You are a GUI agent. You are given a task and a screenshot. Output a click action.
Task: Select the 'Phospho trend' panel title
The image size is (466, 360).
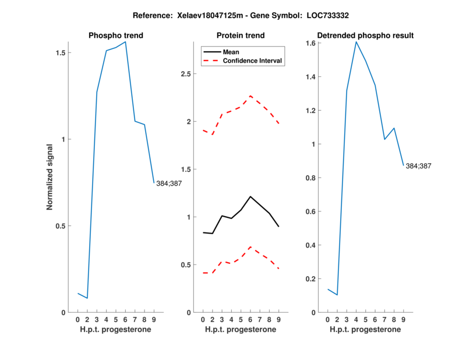point(115,36)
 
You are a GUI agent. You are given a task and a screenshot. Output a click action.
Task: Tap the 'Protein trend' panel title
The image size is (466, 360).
point(241,36)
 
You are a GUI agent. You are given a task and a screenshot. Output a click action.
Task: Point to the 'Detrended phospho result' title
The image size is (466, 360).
point(365,36)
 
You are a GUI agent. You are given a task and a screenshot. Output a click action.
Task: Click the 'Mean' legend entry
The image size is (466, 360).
point(231,52)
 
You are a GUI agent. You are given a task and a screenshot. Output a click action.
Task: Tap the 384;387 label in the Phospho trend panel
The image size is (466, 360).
point(169,183)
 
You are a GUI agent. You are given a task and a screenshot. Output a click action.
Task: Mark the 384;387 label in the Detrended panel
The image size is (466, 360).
point(418,167)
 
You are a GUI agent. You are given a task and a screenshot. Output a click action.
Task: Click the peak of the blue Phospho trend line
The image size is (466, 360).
point(125,42)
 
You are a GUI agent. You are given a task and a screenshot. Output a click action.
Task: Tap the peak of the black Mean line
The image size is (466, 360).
point(250,196)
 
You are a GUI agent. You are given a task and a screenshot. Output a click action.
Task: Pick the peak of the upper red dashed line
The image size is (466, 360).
point(250,96)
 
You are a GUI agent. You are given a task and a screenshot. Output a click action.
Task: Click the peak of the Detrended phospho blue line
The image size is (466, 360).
point(356,42)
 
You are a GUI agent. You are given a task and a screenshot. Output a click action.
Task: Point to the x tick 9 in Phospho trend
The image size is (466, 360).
point(154,319)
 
